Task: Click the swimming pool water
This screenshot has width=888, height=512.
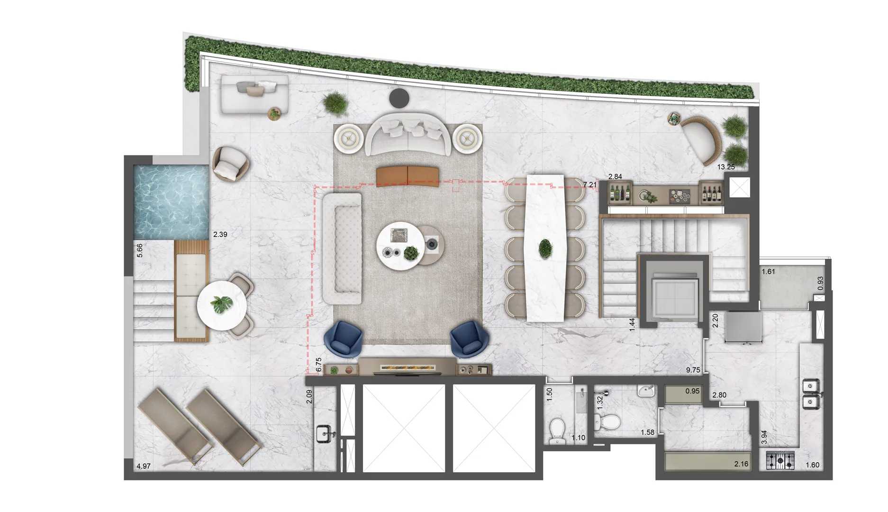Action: click(x=171, y=201)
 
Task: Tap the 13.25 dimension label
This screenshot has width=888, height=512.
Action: click(x=725, y=167)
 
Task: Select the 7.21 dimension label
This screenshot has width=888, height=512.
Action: click(x=590, y=185)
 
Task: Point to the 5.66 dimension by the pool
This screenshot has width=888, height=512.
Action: click(x=140, y=250)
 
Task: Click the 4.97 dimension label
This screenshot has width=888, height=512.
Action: click(x=144, y=466)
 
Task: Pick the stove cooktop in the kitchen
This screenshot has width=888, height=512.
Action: click(x=780, y=460)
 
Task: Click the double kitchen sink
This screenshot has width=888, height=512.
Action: click(x=811, y=394)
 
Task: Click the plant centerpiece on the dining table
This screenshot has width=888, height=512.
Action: click(x=545, y=248)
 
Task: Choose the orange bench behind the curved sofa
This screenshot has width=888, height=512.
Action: click(x=408, y=175)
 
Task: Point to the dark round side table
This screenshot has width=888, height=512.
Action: click(x=399, y=98)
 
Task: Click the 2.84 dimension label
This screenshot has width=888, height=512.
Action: click(x=615, y=177)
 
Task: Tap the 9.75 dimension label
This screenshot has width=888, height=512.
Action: click(x=693, y=370)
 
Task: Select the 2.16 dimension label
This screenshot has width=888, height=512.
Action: click(x=741, y=464)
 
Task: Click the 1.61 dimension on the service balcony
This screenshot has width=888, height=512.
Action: click(x=768, y=272)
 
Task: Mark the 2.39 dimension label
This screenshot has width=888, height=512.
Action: click(x=220, y=234)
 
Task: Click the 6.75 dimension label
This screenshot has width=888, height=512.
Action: click(x=319, y=364)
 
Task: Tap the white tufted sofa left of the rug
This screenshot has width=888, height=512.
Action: click(x=342, y=249)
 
